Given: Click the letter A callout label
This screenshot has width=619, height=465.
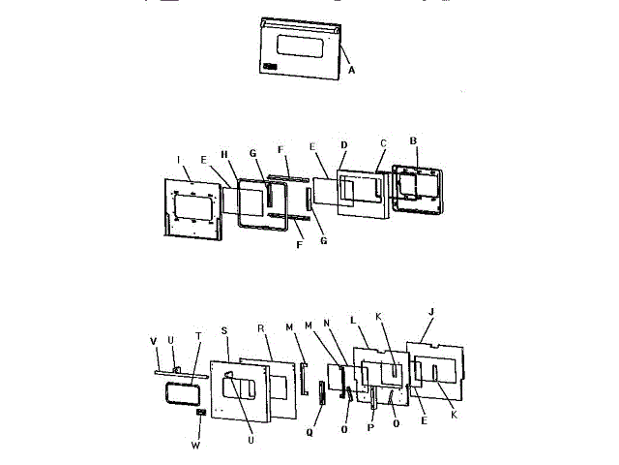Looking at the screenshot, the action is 351,70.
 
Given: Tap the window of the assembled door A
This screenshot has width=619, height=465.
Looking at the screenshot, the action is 299,45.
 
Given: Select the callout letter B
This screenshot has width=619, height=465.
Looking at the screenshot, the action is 413,140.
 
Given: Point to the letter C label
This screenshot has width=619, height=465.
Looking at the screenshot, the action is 383,143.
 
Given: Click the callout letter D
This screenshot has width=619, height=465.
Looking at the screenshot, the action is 343,144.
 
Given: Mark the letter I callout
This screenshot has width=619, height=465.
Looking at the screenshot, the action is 180,159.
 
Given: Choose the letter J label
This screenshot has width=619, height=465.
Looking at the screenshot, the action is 430,312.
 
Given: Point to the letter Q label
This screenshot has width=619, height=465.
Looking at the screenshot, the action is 310,422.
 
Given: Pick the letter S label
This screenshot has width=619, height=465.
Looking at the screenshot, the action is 224,331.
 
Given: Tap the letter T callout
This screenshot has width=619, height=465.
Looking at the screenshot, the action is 198,336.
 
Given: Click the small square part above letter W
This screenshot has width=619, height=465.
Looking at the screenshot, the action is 201,413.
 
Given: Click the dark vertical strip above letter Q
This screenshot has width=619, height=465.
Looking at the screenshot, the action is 312,395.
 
